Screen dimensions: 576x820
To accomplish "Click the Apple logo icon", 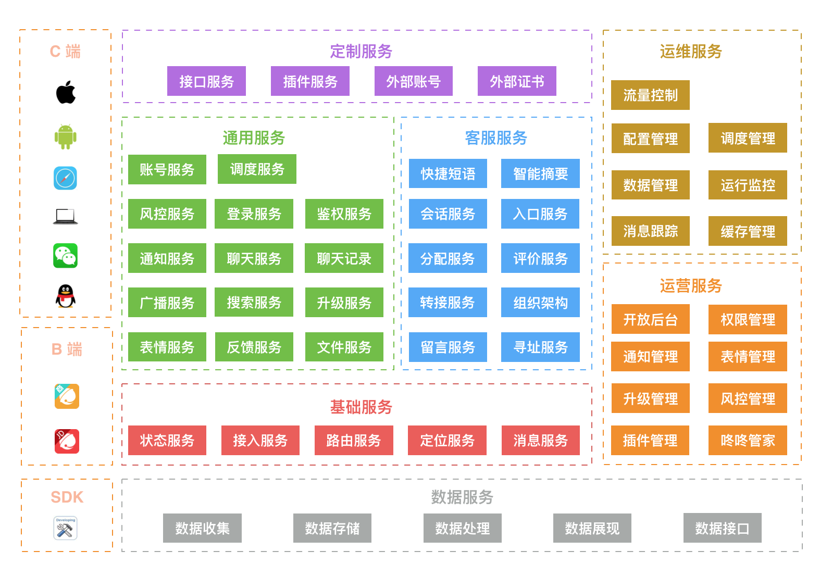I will [x=66, y=93].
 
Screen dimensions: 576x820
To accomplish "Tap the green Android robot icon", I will [x=66, y=137].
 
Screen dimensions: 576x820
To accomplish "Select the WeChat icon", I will [x=66, y=256].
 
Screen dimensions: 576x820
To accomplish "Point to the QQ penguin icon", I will [x=66, y=296].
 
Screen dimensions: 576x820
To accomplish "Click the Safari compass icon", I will [x=66, y=178].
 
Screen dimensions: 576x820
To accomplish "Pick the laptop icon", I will [x=66, y=216].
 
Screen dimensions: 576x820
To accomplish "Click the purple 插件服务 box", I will [x=310, y=81].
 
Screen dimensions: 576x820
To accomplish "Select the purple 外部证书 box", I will [x=517, y=81].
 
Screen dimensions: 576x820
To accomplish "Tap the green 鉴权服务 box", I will [x=344, y=214].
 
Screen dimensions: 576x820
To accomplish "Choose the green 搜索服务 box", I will [x=254, y=303].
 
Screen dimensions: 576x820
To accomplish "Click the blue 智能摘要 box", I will [x=540, y=173].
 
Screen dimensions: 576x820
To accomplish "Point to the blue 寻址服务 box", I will [x=540, y=347].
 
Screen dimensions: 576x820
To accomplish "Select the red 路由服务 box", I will [x=354, y=441].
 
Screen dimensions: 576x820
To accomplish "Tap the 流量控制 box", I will [x=650, y=95].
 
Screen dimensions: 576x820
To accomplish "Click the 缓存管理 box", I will [x=748, y=231].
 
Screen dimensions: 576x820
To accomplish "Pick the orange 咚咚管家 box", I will [x=748, y=441].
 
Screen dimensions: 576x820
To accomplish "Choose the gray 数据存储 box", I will [x=332, y=528].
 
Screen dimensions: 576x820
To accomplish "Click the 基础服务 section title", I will [x=361, y=407].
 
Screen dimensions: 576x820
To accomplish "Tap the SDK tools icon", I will [x=66, y=528].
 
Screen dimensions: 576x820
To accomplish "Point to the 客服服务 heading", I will [x=496, y=138].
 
